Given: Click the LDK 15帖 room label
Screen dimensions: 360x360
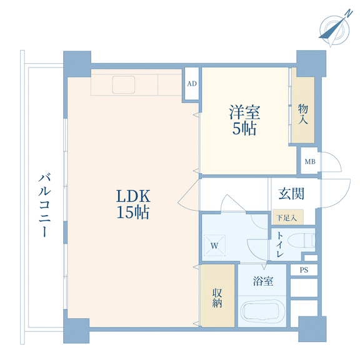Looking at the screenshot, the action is (133, 204).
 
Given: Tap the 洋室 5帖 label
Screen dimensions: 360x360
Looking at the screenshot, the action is (244, 120).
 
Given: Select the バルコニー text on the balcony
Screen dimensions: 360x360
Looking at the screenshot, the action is (44, 205).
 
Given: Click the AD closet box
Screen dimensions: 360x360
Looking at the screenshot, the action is (192, 84).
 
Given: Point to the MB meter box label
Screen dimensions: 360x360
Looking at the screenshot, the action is (310, 162).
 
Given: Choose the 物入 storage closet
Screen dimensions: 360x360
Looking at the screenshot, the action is (303, 110).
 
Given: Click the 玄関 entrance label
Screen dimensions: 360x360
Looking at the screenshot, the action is (291, 194).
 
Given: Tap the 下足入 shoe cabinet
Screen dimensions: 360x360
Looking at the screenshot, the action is (288, 217).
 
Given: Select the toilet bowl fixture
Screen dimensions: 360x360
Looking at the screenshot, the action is (301, 241).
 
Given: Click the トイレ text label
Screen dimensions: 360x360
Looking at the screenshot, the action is (280, 244).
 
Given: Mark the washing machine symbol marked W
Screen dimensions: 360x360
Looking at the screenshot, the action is (214, 245).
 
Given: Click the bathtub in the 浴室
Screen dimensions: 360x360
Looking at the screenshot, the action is (262, 311).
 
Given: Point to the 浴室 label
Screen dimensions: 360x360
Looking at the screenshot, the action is (263, 281).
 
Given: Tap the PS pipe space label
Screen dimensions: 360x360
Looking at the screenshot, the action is (304, 270).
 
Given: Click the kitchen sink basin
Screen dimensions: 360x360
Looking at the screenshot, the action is (124, 85).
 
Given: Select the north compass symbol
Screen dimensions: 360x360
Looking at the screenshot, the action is (335, 30).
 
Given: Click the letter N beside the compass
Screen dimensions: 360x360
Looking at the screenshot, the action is (349, 13).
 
